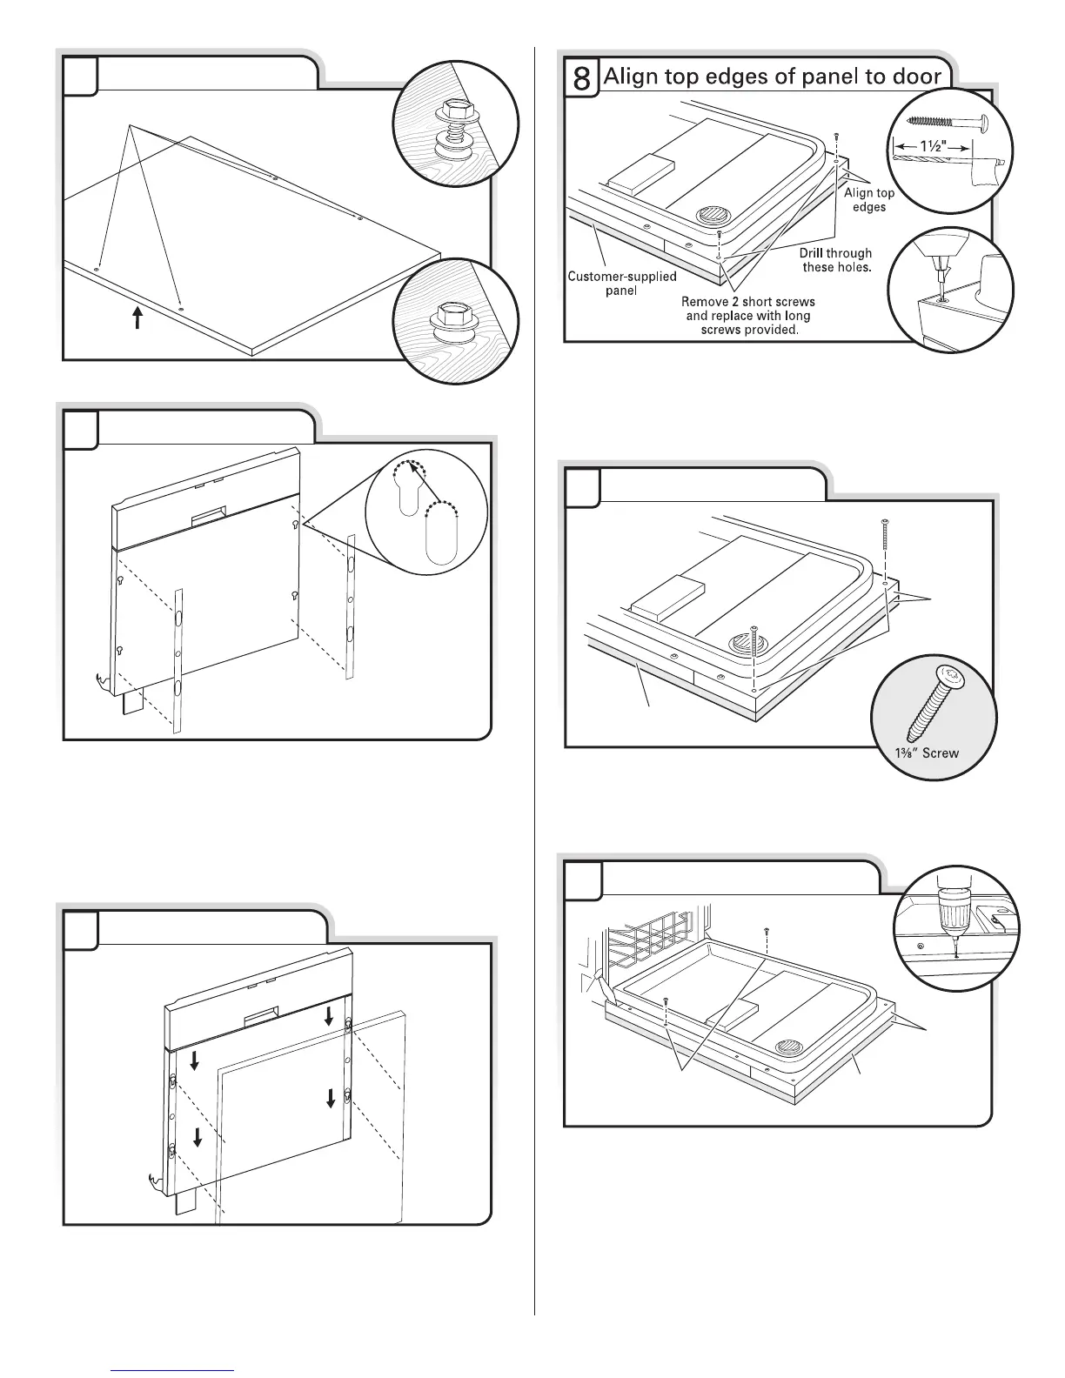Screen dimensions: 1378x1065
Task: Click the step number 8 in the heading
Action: click(582, 78)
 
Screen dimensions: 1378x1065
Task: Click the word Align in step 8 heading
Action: click(626, 77)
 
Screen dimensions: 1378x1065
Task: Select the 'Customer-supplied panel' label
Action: click(621, 284)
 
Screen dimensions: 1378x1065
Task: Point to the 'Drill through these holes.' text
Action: click(835, 260)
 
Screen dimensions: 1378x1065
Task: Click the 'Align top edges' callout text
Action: click(869, 200)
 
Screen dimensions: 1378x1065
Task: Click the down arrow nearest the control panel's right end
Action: click(329, 1015)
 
